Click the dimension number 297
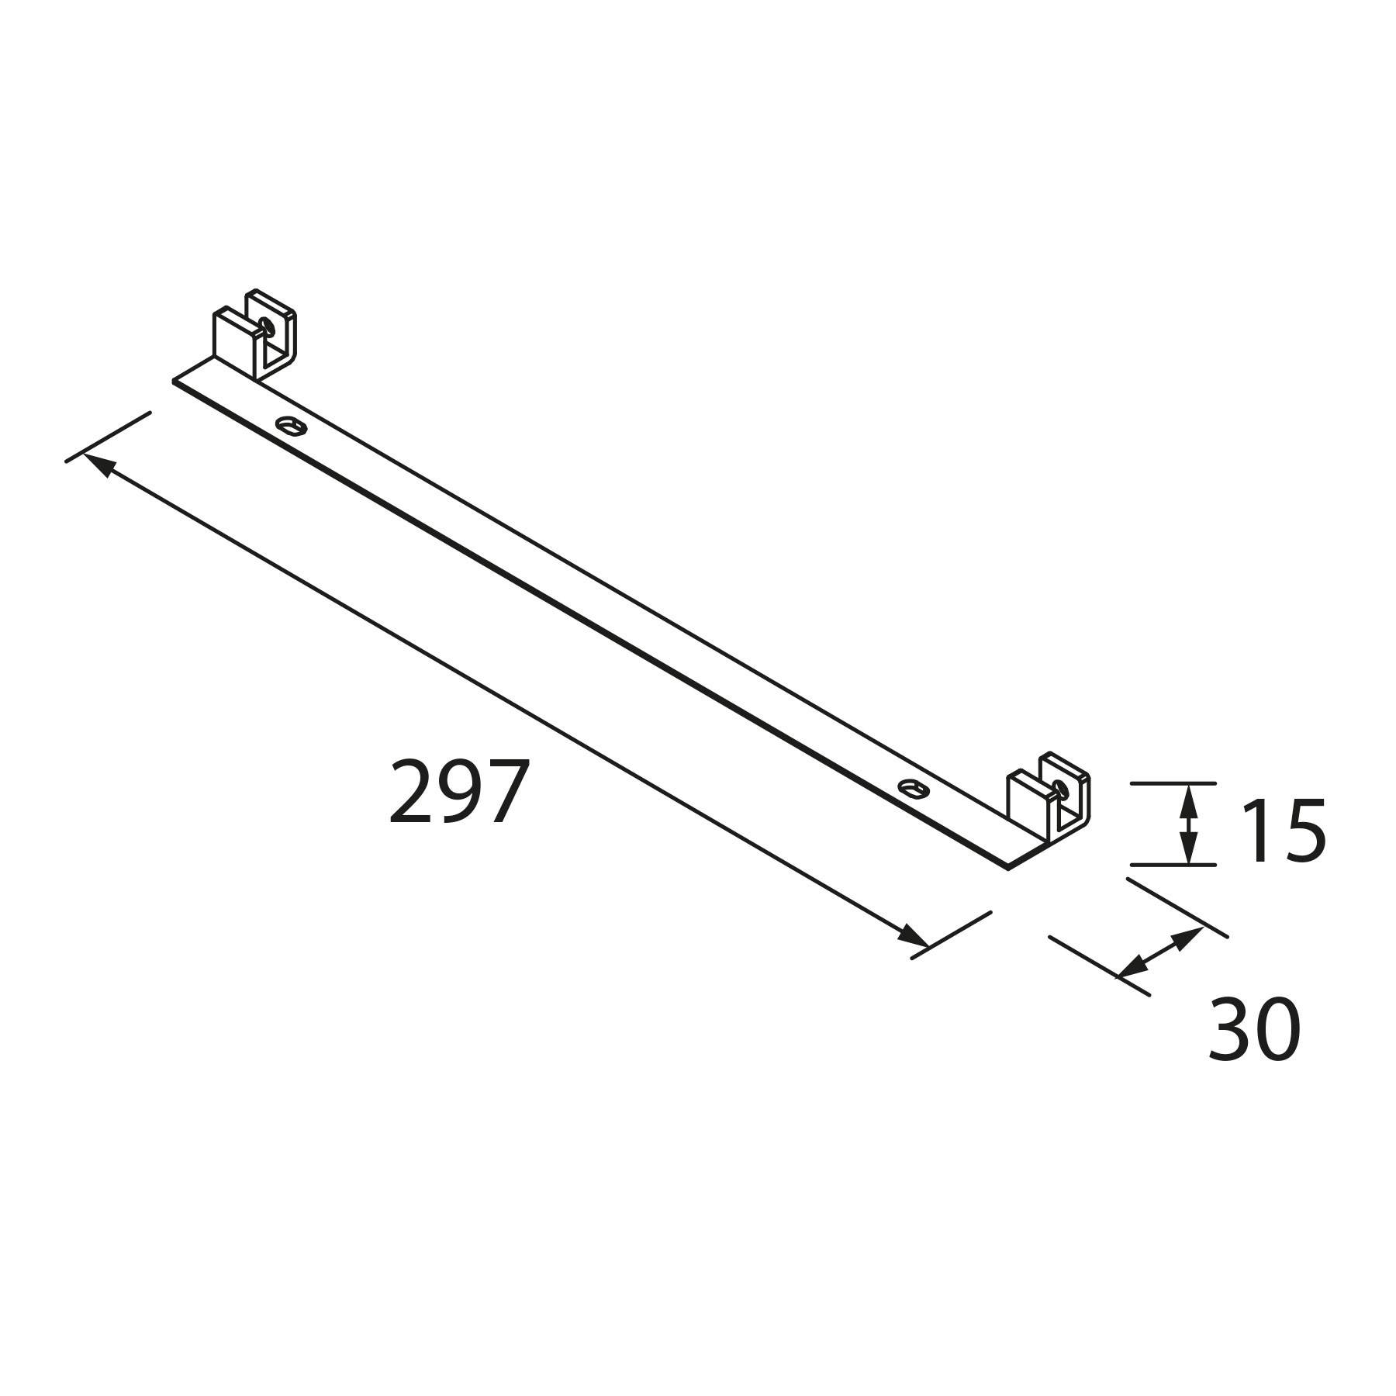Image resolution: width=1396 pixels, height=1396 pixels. point(459,792)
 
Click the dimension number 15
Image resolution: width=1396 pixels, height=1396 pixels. point(1282,831)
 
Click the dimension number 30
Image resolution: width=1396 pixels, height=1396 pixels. point(1254,1030)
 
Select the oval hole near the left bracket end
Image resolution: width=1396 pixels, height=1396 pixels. point(291,424)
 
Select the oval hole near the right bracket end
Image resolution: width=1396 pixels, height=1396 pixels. point(913,788)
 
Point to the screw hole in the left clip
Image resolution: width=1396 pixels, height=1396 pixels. point(268,324)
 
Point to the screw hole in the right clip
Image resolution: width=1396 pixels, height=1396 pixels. point(1061,788)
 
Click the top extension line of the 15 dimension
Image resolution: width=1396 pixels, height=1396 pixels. point(1172,783)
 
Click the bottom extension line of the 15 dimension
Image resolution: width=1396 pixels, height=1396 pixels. point(1172,864)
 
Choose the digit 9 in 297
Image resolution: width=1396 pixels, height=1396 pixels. point(459,792)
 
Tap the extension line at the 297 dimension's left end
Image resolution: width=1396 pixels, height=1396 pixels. point(108,437)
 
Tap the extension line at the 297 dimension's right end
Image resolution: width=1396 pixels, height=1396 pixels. point(951,935)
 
